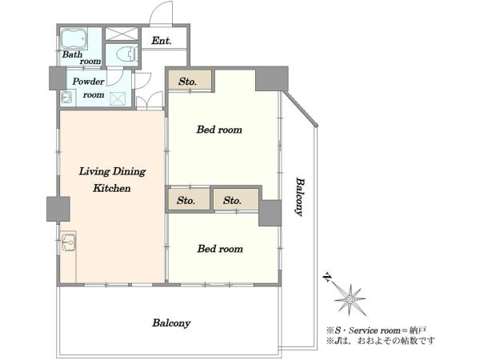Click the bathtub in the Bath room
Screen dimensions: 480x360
pos(74,39)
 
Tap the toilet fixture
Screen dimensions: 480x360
pos(126,54)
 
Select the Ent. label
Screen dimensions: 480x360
pos(162,41)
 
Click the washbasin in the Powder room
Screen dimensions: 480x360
pos(66,97)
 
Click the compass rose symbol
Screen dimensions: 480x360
pos(350,299)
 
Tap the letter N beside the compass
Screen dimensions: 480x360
pos(327,277)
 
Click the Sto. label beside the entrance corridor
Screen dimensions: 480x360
pos(187,82)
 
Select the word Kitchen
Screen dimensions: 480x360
pos(112,188)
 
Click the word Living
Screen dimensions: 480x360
pos(94,172)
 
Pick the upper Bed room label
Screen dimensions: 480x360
pos(219,130)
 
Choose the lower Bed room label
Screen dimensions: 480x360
pos(220,249)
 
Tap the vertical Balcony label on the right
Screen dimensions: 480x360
pos(300,197)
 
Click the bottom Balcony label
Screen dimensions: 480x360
pos(171,323)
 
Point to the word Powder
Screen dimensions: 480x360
pos(88,82)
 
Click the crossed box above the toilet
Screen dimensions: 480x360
pos(122,34)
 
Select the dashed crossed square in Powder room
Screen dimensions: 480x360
pos(118,98)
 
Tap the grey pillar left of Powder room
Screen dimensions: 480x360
pos(58,78)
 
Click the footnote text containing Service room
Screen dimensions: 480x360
pos(376,330)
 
